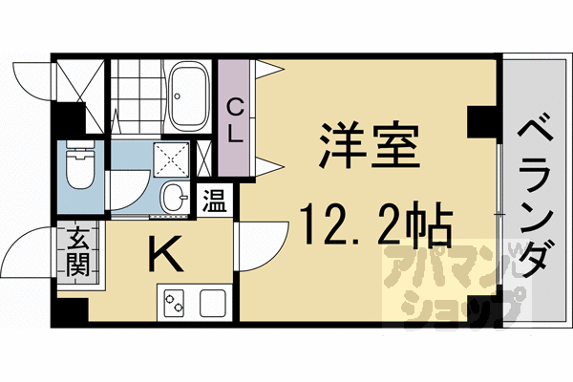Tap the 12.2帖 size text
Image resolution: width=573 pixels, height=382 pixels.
pos(371,225)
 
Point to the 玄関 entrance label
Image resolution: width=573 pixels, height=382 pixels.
pos(77,250)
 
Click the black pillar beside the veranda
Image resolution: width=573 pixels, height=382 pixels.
pos(478,121)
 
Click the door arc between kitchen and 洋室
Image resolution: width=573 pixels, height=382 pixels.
pos(260,244)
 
